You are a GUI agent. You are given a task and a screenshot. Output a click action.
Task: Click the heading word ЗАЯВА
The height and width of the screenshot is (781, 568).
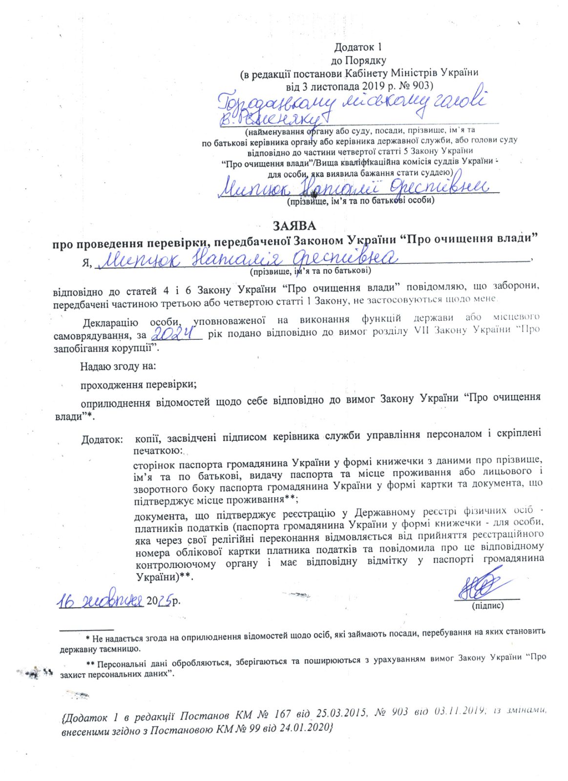294,226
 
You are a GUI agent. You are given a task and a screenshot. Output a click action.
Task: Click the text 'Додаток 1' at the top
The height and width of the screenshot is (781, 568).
358,47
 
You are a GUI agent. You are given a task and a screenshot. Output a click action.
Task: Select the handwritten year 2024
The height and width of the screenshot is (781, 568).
175,333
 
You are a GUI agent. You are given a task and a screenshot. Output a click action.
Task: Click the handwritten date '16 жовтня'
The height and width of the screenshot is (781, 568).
101,601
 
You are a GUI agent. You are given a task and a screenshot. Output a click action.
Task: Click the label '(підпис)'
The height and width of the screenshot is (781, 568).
487,606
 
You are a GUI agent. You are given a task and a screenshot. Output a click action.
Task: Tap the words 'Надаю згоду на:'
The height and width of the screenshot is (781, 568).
118,366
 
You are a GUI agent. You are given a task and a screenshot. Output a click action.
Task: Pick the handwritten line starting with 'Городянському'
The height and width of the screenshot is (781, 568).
352,103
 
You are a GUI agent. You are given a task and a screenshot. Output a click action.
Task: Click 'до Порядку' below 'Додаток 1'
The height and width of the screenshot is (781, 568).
358,61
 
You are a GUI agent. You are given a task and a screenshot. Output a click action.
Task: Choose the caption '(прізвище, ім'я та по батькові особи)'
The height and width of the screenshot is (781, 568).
360,201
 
